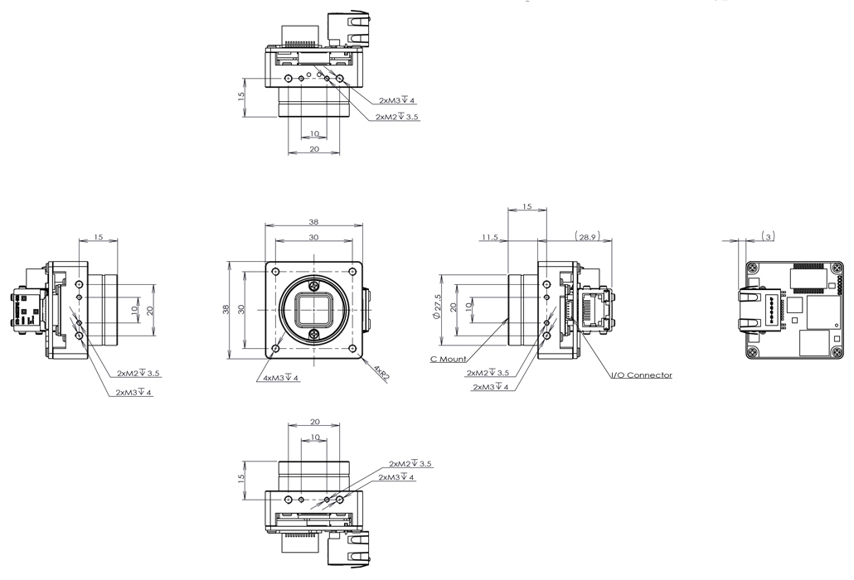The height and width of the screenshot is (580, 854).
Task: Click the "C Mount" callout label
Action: point(448,359)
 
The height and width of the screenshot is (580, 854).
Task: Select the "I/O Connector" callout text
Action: point(642,375)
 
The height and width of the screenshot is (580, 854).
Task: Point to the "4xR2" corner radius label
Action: point(381,374)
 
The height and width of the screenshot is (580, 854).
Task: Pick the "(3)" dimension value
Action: point(768,236)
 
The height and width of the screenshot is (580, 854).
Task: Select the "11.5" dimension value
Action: point(490,237)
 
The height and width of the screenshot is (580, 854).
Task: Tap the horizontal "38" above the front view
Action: point(313,222)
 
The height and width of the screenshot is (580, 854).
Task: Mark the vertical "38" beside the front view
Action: point(226,310)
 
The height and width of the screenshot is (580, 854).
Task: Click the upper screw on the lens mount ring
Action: point(313,286)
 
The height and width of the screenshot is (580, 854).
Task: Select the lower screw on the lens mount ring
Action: point(313,334)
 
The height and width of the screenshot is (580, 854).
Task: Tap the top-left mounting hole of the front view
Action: point(276,272)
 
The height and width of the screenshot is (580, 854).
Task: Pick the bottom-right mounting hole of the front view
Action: point(352,348)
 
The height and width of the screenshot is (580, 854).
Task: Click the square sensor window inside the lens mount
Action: point(313,310)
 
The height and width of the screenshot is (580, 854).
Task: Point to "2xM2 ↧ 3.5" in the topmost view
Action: point(398,117)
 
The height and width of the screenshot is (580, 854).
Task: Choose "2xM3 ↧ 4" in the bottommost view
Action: point(396,477)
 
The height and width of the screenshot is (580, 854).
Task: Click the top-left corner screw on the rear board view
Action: point(752,268)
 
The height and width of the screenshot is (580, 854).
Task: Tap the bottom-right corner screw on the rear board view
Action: point(835,353)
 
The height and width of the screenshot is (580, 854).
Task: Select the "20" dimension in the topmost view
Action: point(314,149)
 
